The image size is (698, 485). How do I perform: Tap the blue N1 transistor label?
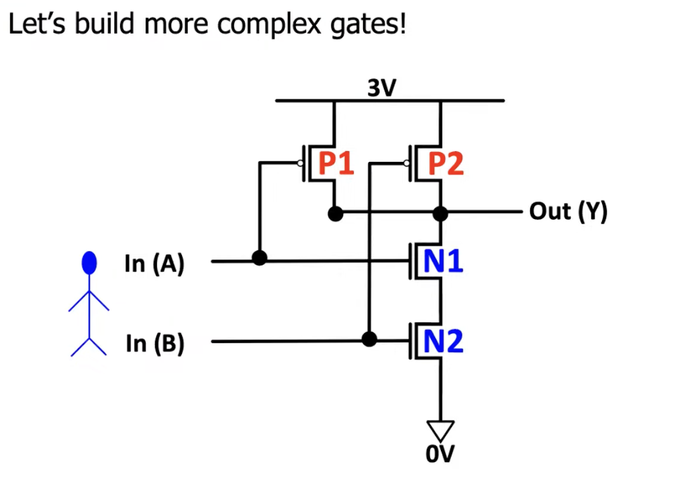pyautogui.click(x=444, y=261)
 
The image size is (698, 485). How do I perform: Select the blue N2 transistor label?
pyautogui.click(x=444, y=342)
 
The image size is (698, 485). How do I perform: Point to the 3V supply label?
pyautogui.click(x=381, y=87)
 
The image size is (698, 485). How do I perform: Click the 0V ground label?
pyautogui.click(x=440, y=455)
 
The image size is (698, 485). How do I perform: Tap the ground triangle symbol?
pyautogui.click(x=441, y=429)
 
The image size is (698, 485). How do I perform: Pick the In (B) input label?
pyautogui.click(x=154, y=344)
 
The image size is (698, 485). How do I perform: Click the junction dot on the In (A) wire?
pyautogui.click(x=258, y=257)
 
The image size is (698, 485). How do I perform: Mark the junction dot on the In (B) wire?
pyautogui.click(x=368, y=339)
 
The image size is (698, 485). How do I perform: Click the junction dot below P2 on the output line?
pyautogui.click(x=441, y=214)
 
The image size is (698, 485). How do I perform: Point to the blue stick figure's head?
pyautogui.click(x=89, y=263)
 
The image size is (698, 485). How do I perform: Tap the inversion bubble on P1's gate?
pyautogui.click(x=300, y=163)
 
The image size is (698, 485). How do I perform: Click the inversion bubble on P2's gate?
pyautogui.click(x=407, y=163)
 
